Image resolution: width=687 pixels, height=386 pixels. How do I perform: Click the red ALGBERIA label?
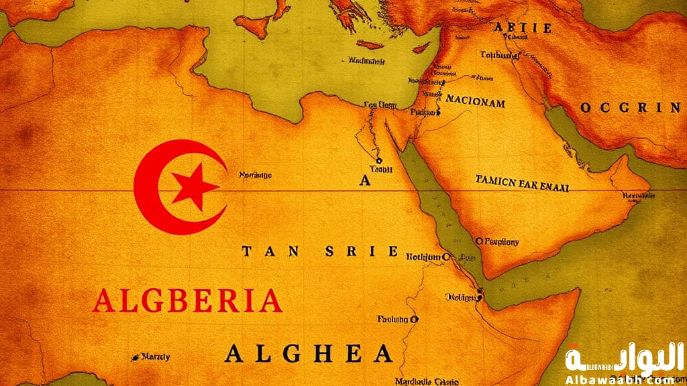click(x=187, y=301)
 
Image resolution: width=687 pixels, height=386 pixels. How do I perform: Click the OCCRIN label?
click(x=630, y=107)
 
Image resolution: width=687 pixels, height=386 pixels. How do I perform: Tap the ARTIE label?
click(x=523, y=28)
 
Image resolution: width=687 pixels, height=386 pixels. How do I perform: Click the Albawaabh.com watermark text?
click(x=617, y=379)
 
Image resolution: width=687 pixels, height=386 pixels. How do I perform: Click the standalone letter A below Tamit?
click(x=365, y=180)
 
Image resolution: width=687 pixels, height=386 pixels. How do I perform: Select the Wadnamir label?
click(x=368, y=60)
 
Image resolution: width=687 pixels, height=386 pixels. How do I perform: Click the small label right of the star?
click(x=256, y=176)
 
